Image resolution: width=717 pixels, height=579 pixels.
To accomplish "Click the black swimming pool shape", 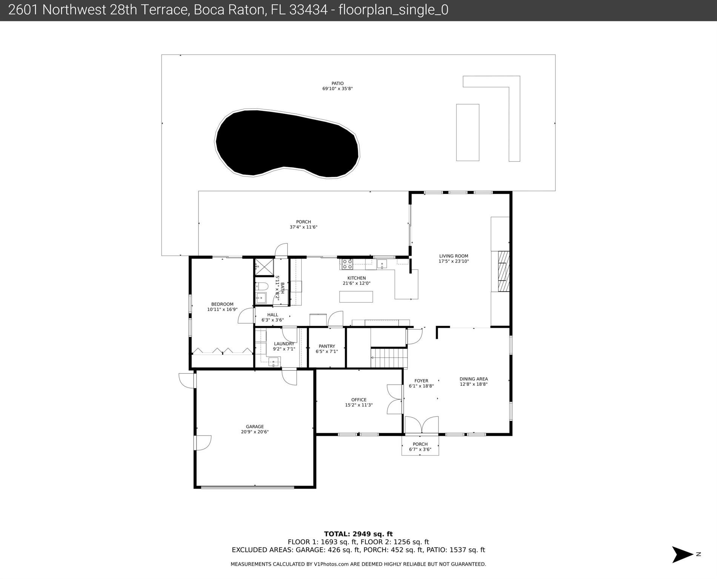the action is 287,143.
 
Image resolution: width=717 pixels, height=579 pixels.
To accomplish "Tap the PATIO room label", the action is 338,84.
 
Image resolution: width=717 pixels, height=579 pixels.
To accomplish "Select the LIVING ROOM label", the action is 454,256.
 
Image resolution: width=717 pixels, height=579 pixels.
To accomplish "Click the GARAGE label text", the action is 255,427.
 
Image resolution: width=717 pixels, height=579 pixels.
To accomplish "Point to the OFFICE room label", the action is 359,400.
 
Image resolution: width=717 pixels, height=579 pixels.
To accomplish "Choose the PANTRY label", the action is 327,346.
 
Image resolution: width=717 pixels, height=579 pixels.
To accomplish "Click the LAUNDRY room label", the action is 284,344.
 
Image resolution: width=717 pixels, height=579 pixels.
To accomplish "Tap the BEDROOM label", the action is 222,304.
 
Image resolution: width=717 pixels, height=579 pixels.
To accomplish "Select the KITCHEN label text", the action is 357,278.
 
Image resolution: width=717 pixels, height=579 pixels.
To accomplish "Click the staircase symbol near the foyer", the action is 389,358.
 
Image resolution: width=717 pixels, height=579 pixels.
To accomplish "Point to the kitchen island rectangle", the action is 356,297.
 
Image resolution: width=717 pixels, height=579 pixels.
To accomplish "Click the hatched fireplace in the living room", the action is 503,271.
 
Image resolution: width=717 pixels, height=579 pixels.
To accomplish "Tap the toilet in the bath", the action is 261,286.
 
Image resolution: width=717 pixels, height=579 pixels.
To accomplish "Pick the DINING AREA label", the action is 474,379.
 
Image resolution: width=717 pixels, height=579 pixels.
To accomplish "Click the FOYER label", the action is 421,381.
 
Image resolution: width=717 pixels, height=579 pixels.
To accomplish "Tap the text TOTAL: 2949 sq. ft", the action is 358,534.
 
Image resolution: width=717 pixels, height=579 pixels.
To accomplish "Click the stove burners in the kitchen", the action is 347,264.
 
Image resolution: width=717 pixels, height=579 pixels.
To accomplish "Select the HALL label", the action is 272,315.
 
